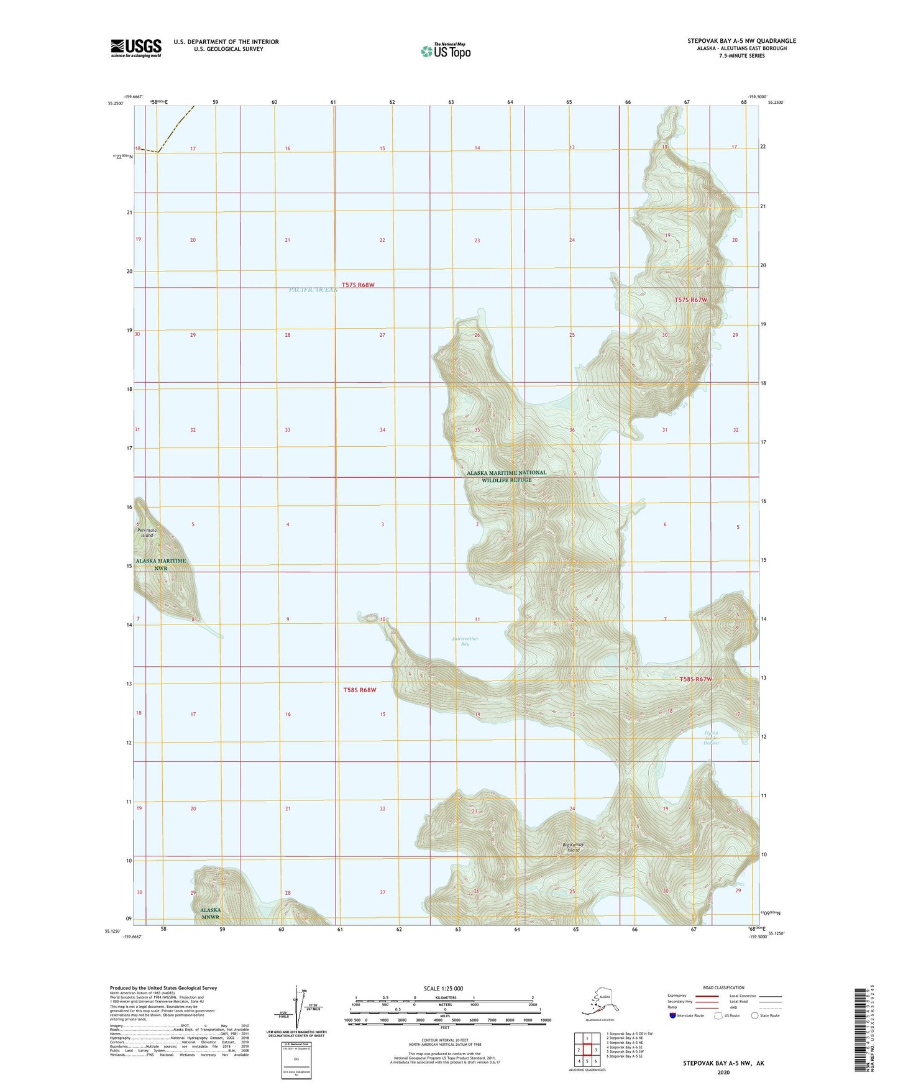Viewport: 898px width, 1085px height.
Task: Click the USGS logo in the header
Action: coord(135,48)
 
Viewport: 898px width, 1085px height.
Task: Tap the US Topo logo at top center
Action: coord(445,50)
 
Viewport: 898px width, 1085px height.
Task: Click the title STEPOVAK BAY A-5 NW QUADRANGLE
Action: coord(741,41)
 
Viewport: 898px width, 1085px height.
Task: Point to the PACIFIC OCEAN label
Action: coord(313,290)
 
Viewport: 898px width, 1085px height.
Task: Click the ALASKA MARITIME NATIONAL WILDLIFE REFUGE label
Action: coord(506,476)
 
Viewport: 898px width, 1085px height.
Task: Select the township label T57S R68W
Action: coord(358,285)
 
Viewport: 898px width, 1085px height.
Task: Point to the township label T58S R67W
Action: coord(695,679)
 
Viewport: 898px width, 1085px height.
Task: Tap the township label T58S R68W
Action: coord(360,690)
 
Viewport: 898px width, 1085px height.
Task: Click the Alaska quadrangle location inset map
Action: coord(595,1001)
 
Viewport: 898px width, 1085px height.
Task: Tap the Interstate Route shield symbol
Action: coord(673,1015)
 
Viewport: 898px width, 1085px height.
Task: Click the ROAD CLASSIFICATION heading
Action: coord(723,987)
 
